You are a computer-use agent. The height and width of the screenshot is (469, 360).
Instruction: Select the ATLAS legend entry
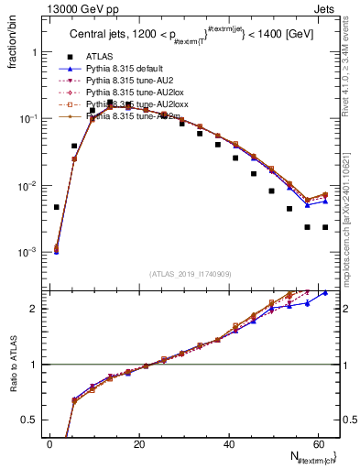(x=100, y=56)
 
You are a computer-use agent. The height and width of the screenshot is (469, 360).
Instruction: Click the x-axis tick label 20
(x=139, y=444)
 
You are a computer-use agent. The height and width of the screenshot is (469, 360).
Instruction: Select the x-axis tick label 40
(x=229, y=444)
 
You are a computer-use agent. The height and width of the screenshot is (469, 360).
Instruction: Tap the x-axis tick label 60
(x=319, y=444)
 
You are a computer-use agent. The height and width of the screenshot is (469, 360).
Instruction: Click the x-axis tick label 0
(x=49, y=444)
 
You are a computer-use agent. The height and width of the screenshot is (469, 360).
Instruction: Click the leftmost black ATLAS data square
(x=57, y=207)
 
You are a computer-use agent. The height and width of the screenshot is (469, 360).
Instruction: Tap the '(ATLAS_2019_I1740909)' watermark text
(x=191, y=274)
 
